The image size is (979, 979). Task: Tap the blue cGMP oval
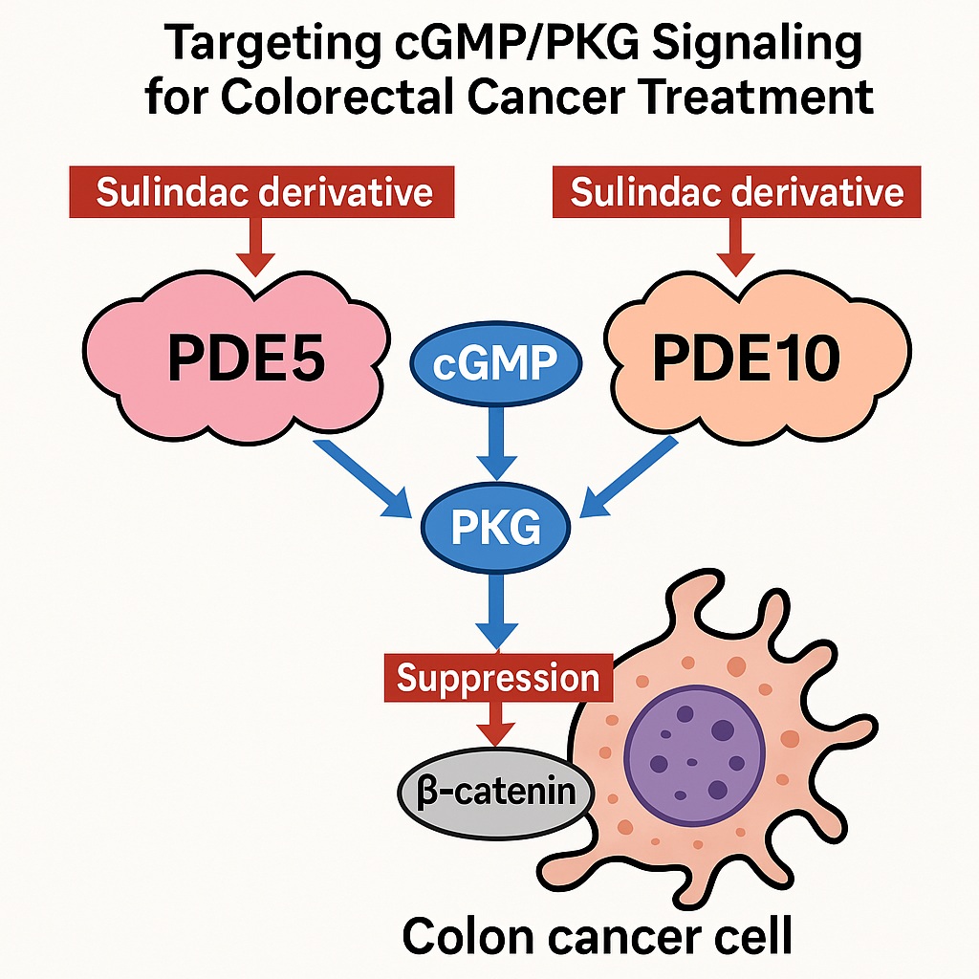tap(495, 364)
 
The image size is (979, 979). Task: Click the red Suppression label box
tap(497, 678)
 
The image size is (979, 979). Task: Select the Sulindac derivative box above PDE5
tap(264, 192)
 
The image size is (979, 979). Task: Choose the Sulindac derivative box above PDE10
tap(737, 192)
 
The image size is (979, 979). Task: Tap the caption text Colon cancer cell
tap(597, 936)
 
